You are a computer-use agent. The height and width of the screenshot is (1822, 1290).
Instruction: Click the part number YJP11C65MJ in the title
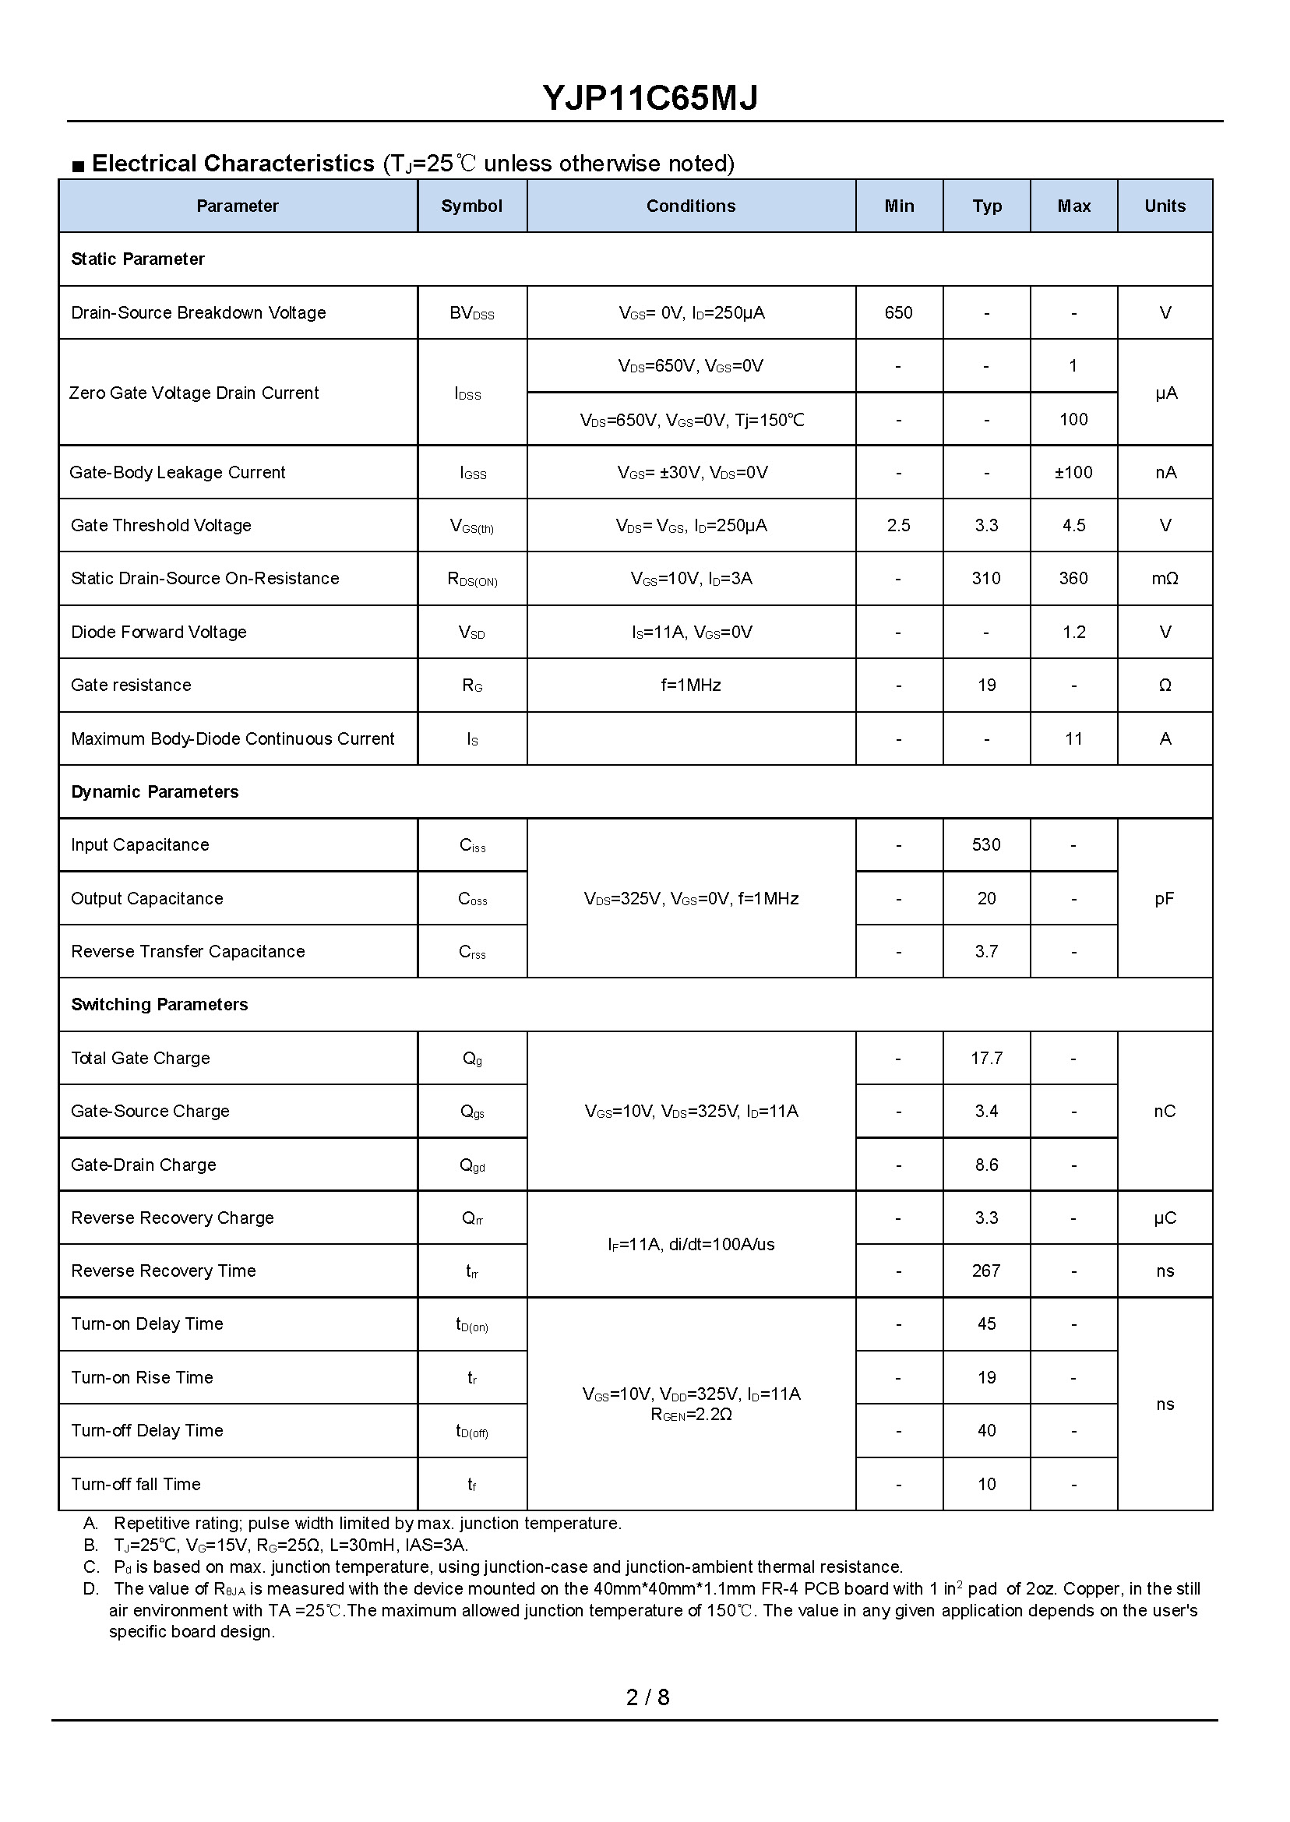tap(649, 97)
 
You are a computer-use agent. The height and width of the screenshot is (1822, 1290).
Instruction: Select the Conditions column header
tap(690, 206)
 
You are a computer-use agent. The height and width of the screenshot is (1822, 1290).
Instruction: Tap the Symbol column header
tap(471, 206)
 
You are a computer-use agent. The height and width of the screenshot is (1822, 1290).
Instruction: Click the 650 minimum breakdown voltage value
tap(898, 312)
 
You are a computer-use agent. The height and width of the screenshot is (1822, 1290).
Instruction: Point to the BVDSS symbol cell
tap(471, 313)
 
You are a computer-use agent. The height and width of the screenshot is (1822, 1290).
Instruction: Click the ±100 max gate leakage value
tap(1073, 472)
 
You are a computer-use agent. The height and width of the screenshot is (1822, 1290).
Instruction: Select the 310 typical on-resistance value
tap(985, 578)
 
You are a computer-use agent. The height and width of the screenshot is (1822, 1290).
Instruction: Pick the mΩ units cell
tap(1165, 578)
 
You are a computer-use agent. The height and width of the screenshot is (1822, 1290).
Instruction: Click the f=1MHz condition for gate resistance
tap(690, 685)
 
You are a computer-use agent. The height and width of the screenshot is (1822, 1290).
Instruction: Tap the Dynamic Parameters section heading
tap(154, 792)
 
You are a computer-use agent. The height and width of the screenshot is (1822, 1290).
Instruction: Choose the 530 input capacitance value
tap(985, 844)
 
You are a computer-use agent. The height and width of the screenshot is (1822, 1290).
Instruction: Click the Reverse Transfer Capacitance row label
tap(188, 952)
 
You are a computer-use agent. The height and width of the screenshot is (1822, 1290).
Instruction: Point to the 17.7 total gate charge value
tap(985, 1058)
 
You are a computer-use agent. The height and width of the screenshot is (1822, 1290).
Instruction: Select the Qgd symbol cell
tap(471, 1165)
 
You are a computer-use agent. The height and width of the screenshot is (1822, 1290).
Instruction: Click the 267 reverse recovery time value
tap(985, 1270)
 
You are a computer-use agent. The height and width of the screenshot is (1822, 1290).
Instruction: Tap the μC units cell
tap(1165, 1218)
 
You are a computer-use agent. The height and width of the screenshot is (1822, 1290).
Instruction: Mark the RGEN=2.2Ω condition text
tap(691, 1415)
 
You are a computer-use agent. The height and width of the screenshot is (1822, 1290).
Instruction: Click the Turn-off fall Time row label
tap(135, 1484)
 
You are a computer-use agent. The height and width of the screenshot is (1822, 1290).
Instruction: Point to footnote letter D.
tap(90, 1588)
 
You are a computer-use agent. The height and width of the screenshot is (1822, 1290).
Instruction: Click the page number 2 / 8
tap(647, 1697)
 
